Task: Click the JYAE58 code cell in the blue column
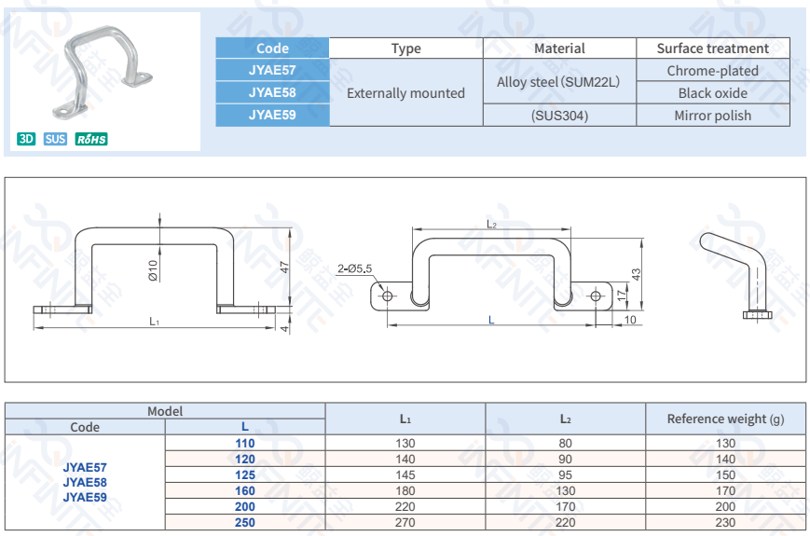click(x=272, y=92)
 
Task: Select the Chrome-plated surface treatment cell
click(x=712, y=71)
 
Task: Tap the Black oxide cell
click(x=712, y=93)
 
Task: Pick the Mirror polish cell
click(x=712, y=116)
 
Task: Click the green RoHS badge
click(x=91, y=140)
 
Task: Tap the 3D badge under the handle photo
click(x=26, y=140)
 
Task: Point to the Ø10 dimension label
click(x=153, y=270)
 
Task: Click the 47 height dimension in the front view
click(x=285, y=266)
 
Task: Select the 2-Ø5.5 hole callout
click(x=354, y=268)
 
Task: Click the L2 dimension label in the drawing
click(x=491, y=224)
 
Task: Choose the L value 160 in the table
click(x=245, y=490)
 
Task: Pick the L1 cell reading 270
click(x=405, y=523)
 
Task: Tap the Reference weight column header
click(x=725, y=419)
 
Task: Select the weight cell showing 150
click(x=725, y=474)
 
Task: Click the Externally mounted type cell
click(x=405, y=93)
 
